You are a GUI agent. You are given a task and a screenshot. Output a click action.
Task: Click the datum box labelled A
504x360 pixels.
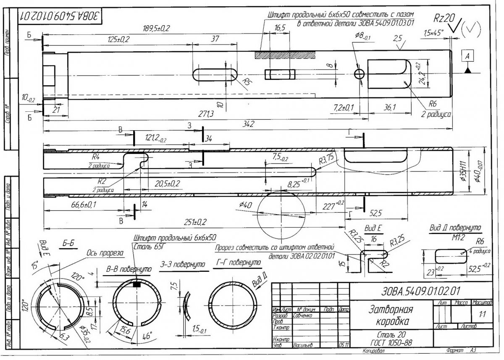click(x=467, y=55)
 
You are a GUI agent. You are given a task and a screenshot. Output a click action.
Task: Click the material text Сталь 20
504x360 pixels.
click(x=381, y=336)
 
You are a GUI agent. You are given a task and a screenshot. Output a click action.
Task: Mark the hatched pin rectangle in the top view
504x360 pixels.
click(x=278, y=55)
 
